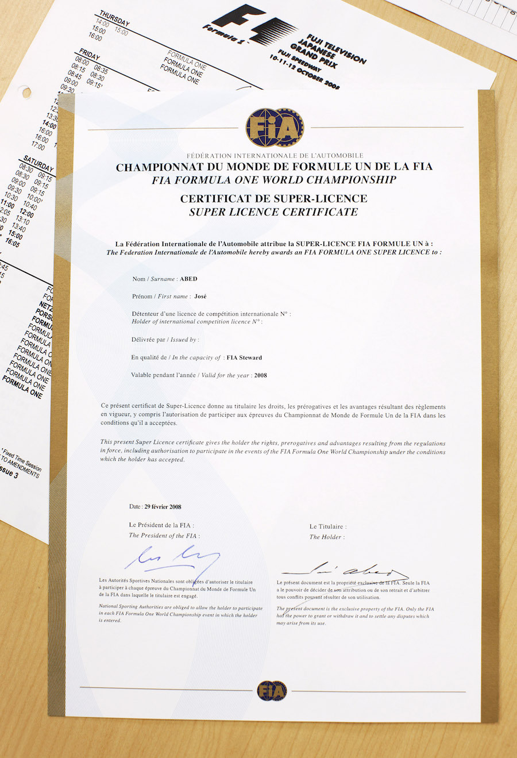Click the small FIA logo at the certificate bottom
point(272,691)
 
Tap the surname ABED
point(188,279)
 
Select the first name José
point(200,297)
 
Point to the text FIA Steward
point(244,357)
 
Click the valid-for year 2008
point(260,375)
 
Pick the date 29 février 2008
point(163,507)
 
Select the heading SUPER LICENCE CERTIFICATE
point(273,212)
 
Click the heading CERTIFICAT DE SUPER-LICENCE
point(273,199)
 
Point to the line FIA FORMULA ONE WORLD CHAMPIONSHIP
point(274,180)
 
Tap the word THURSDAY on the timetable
point(114,18)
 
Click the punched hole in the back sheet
point(25,91)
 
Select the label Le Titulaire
point(327,526)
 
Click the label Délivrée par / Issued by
point(165,340)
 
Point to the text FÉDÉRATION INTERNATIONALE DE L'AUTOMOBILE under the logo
point(275,156)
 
